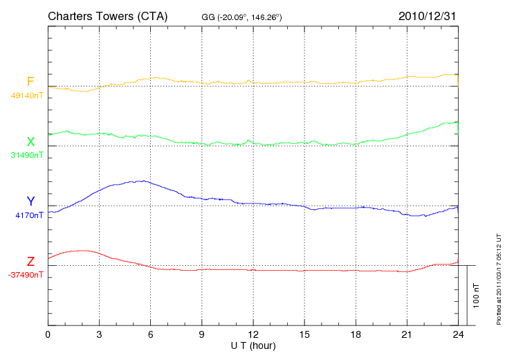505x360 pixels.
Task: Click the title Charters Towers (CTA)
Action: point(107,16)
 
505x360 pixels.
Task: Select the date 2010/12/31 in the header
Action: point(428,16)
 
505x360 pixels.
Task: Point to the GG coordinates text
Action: point(241,17)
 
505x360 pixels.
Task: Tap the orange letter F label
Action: point(30,82)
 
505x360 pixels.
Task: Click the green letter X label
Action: point(30,142)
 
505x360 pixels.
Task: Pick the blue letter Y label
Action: point(30,201)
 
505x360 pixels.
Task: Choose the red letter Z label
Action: point(30,262)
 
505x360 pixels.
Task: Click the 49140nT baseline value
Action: point(26,96)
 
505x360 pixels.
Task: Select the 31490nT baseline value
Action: point(26,155)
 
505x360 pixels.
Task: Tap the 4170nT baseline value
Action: point(28,215)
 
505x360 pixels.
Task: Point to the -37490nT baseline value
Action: point(26,275)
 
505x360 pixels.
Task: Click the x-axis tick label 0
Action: point(48,334)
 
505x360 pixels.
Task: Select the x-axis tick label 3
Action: point(99,334)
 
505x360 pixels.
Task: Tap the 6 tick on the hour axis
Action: point(151,334)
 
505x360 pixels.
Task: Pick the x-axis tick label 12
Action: point(253,334)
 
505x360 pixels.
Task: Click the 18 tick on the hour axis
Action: point(356,334)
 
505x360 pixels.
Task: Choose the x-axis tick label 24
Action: point(458,334)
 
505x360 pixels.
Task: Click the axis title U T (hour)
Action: point(253,345)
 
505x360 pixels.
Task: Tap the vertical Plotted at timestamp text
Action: point(499,279)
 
